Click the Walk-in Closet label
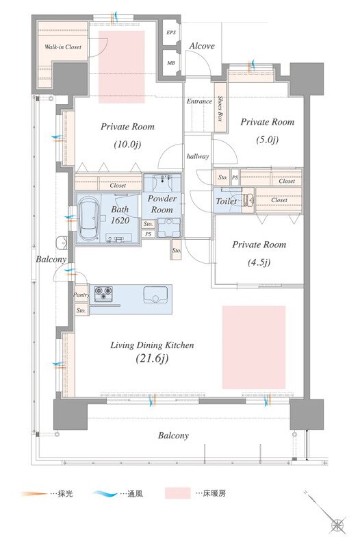pyautogui.click(x=63, y=47)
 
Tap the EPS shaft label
pyautogui.click(x=171, y=32)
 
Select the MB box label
pyautogui.click(x=171, y=63)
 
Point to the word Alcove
pyautogui.click(x=202, y=46)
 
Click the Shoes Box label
pyautogui.click(x=220, y=108)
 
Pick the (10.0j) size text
pyautogui.click(x=127, y=144)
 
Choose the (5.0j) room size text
pyautogui.click(x=267, y=140)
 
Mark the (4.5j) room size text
pyautogui.click(x=259, y=262)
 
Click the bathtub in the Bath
pyautogui.click(x=88, y=219)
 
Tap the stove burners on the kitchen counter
pyautogui.click(x=104, y=294)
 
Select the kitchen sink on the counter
pyautogui.click(x=155, y=295)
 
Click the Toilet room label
pyautogui.click(x=226, y=201)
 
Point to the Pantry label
pyautogui.click(x=81, y=295)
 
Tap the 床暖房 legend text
pyautogui.click(x=214, y=493)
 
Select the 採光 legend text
pyautogui.click(x=65, y=494)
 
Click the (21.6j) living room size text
pyautogui.click(x=152, y=358)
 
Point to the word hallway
pyautogui.click(x=198, y=157)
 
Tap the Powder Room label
pyautogui.click(x=162, y=204)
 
